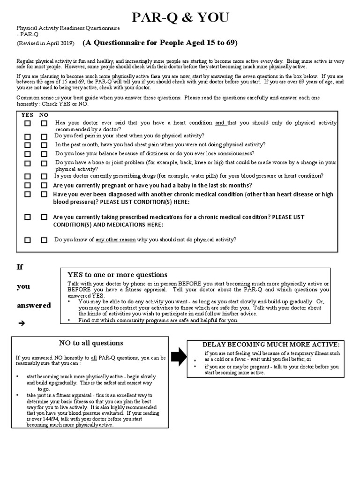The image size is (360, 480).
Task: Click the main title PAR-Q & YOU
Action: point(180,18)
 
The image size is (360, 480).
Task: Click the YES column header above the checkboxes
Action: point(27,114)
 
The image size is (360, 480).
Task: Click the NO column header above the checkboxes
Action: point(44,114)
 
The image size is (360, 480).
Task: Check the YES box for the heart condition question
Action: point(28,124)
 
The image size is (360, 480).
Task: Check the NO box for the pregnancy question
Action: point(44,185)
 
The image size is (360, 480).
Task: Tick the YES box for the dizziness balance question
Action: point(28,154)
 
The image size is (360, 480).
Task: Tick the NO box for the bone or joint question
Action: point(44,164)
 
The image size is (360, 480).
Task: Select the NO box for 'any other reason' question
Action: point(44,240)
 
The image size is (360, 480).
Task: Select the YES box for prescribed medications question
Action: point(28,217)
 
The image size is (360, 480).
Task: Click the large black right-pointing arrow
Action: point(178,357)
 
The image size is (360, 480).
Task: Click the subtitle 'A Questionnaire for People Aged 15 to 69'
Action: point(160,43)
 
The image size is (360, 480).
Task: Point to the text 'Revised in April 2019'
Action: point(45,44)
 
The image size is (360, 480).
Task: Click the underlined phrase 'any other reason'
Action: point(115,240)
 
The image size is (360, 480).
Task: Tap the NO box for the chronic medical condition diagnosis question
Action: point(44,195)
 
